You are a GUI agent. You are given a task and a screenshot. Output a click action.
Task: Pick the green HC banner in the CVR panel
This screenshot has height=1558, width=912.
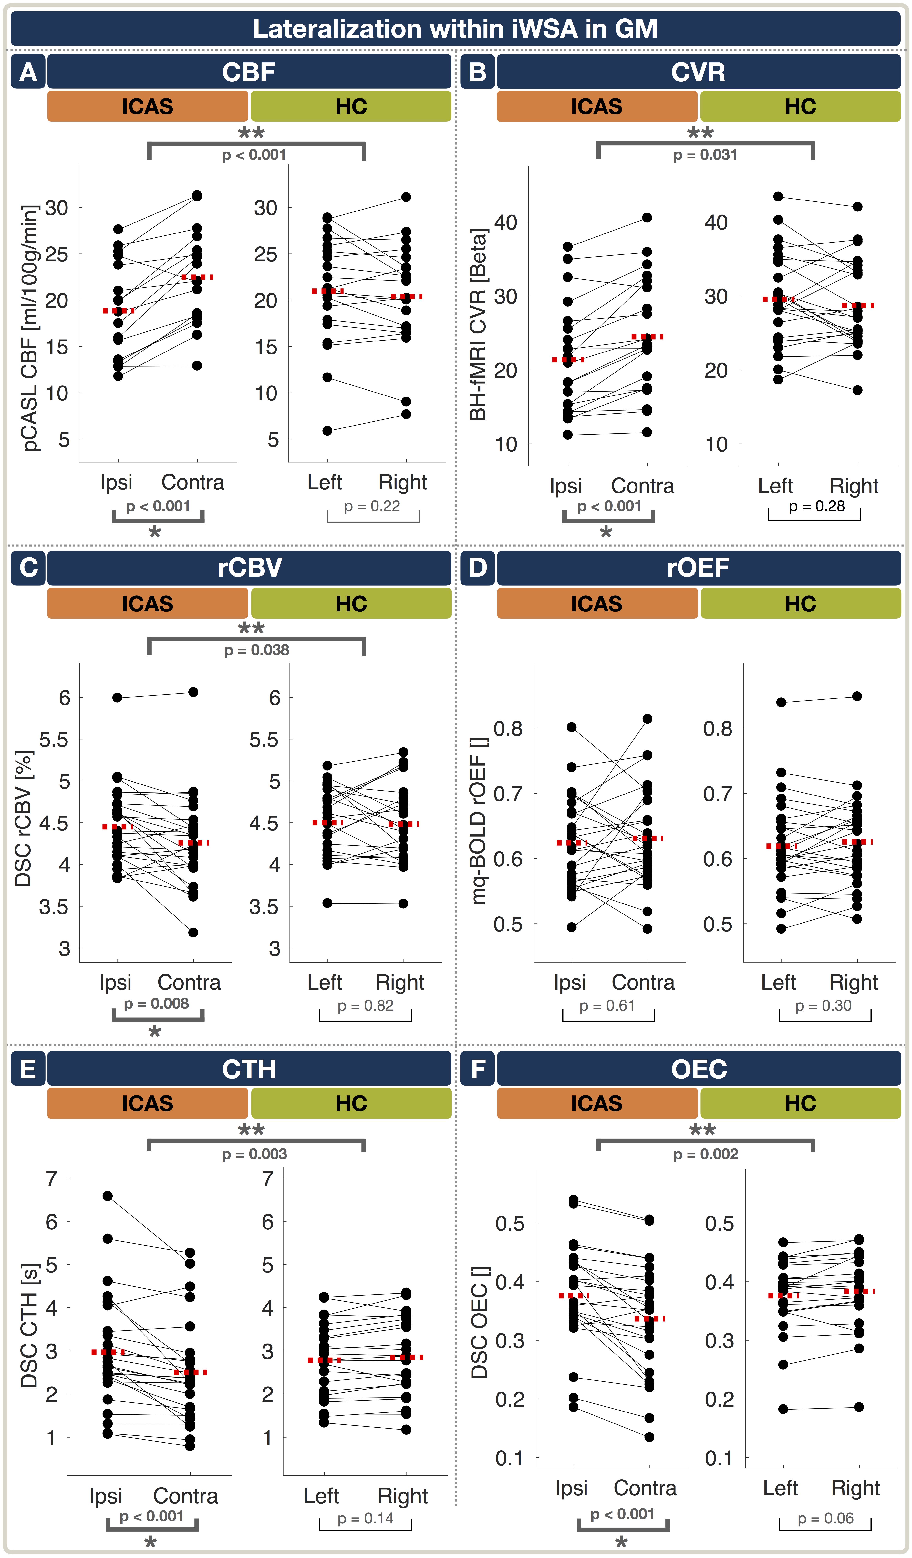click(800, 106)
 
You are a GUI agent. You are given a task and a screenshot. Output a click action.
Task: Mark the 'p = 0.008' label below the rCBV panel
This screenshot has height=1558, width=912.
click(156, 1003)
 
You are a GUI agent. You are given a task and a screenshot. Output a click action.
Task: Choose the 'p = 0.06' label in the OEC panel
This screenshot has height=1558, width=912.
click(825, 1519)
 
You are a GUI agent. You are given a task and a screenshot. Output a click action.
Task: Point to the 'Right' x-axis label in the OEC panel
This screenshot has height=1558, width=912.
click(855, 1488)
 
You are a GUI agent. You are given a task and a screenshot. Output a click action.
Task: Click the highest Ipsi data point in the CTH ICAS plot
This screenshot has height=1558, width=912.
click(108, 1196)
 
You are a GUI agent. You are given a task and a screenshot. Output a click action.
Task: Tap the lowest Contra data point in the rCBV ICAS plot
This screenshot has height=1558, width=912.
click(193, 932)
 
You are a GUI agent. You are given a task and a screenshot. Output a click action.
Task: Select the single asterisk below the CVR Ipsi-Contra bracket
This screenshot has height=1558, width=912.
click(606, 532)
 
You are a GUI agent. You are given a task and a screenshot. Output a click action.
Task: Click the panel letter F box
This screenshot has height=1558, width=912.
click(478, 1069)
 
